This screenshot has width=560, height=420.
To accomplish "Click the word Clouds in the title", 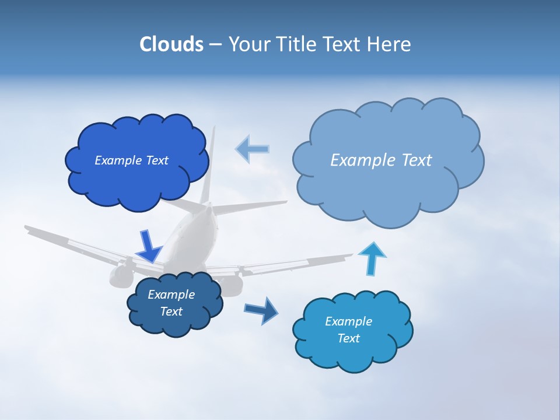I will pyautogui.click(x=171, y=44).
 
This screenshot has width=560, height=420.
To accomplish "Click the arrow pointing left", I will pyautogui.click(x=252, y=149).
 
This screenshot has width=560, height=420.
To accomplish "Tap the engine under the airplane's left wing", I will pyautogui.click(x=120, y=275).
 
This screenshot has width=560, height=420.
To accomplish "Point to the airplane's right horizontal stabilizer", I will pyautogui.click(x=251, y=205).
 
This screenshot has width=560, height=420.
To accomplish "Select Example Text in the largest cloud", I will pyautogui.click(x=381, y=160).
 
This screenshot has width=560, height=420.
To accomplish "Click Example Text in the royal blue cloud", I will pyautogui.click(x=131, y=160).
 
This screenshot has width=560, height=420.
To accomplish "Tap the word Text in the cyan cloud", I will pyautogui.click(x=348, y=338).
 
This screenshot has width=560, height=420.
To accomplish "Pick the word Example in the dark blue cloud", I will pyautogui.click(x=171, y=295).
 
